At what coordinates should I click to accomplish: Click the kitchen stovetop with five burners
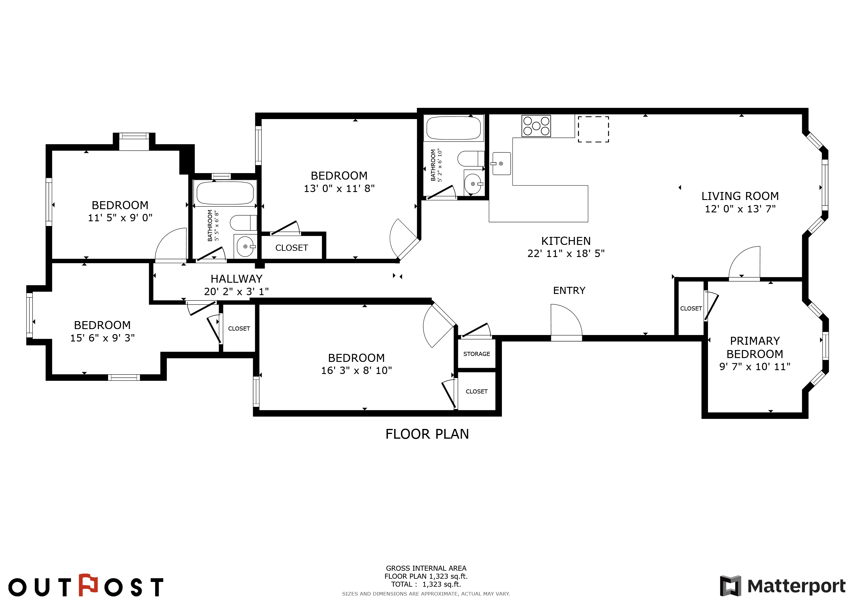536,126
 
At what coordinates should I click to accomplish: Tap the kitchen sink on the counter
501,164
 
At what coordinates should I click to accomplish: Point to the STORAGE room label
477,354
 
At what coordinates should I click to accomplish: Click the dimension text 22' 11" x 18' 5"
566,254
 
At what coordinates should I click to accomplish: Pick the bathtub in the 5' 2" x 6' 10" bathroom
453,128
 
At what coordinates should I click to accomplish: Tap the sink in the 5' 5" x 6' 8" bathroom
245,246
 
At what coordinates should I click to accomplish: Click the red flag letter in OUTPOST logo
88,585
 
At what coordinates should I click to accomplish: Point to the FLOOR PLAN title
427,434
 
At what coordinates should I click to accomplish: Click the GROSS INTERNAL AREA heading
426,568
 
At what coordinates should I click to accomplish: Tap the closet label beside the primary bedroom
691,308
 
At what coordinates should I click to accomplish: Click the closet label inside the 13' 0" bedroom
292,248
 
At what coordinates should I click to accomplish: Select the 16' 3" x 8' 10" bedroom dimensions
356,370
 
